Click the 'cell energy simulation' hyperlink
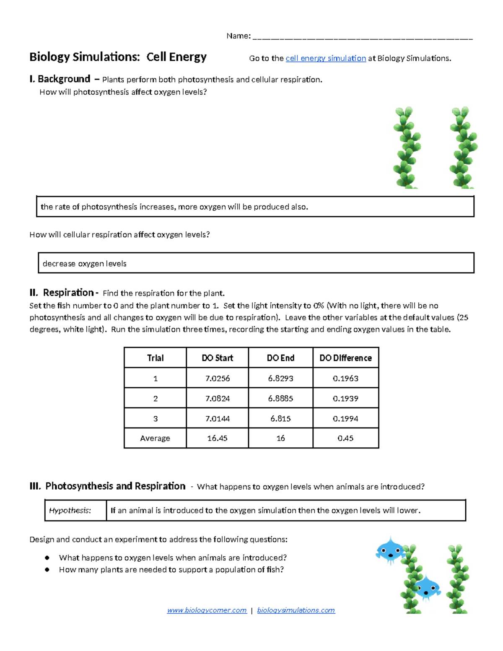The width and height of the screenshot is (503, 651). tap(326, 58)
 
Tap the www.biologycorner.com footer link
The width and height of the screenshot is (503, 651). tap(207, 610)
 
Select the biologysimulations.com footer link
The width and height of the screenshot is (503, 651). tap(296, 610)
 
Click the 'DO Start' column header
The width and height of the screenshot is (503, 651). tap(217, 358)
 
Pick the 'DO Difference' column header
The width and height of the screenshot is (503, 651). tap(345, 358)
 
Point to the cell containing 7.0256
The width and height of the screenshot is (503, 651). tap(217, 378)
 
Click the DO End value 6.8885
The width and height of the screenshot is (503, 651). tap(280, 398)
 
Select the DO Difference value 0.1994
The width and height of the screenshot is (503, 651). tap(345, 418)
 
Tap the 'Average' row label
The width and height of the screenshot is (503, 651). tap(155, 438)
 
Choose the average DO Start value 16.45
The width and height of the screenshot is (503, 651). tap(217, 438)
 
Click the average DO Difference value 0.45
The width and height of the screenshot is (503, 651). tap(345, 438)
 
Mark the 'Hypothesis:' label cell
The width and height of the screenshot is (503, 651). tap(70, 510)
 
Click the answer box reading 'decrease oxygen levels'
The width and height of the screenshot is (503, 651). tap(256, 263)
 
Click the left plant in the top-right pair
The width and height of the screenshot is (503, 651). tap(406, 148)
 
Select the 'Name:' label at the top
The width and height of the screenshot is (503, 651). tap(238, 36)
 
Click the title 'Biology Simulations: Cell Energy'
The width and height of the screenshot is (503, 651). tap(118, 57)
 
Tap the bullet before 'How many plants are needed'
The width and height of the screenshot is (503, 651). tap(47, 570)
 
